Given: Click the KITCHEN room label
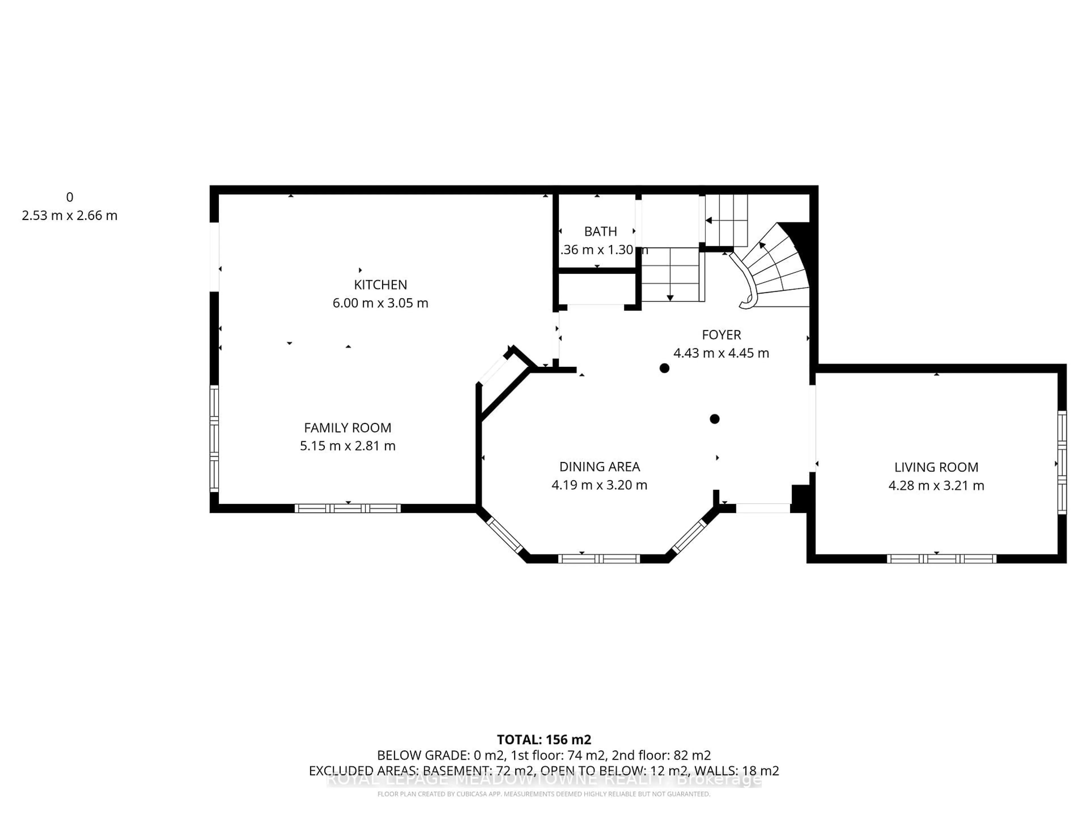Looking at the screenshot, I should pos(380,285).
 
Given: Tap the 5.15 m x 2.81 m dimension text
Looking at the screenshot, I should pos(348,446).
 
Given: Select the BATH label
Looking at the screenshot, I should pos(600,231).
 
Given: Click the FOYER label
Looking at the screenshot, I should pos(721,335).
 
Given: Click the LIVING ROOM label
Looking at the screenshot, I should pos(936,467).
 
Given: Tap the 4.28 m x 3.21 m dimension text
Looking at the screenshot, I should pos(936,485).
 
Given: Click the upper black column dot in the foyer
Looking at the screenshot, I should pos(664,368).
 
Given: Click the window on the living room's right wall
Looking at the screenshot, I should pos(1062,462).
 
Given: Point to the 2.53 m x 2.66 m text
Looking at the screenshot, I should pos(69,215).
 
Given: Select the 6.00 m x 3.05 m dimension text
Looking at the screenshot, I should pos(380,303).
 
